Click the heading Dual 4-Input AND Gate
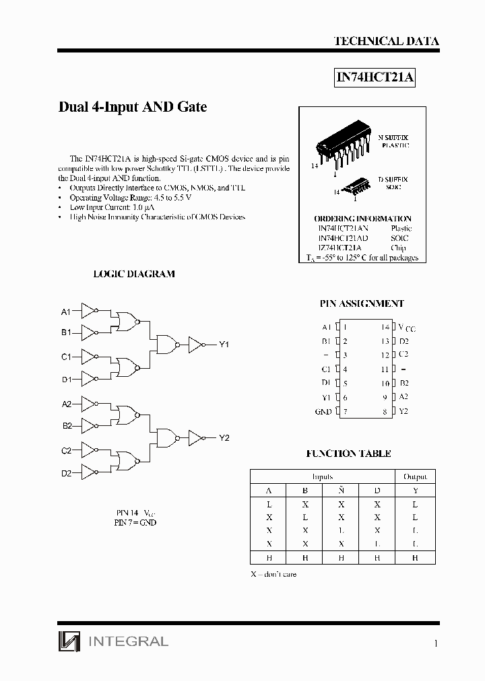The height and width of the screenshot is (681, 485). (x=133, y=107)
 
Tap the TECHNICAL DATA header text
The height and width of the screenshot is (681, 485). (x=386, y=41)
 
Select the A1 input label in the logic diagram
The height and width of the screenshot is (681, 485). (x=66, y=312)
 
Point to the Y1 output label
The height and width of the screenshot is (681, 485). (x=224, y=345)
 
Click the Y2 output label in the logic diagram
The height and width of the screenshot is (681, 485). (x=224, y=437)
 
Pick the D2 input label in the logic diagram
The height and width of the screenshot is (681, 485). (x=66, y=473)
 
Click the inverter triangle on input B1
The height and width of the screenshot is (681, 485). (x=89, y=332)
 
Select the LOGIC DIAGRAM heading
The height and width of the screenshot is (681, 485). (x=133, y=274)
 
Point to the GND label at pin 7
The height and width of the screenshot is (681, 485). (x=323, y=411)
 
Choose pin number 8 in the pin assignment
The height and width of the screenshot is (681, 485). (x=385, y=411)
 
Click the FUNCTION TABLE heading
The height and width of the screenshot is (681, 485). (x=348, y=454)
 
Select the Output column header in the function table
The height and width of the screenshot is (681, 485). (x=415, y=476)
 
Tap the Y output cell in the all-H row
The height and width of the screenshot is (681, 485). (x=415, y=557)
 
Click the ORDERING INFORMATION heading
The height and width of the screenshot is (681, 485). (x=362, y=219)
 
